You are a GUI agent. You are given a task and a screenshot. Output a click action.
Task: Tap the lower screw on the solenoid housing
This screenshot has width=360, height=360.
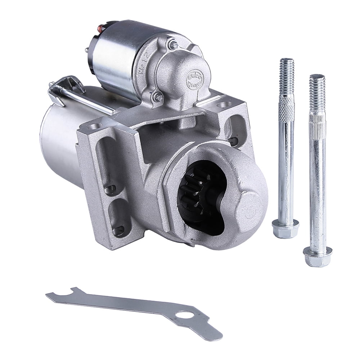click(x=157, y=96)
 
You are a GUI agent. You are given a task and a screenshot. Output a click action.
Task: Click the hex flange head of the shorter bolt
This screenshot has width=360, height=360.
click(x=285, y=228)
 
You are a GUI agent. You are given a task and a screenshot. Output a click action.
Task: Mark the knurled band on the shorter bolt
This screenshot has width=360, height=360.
click(x=287, y=108)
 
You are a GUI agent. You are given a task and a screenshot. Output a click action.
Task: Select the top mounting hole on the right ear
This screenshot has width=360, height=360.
click(x=225, y=105)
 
